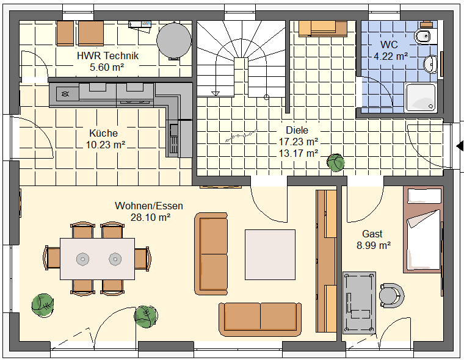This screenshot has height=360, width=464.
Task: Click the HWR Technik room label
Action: [x=107, y=56]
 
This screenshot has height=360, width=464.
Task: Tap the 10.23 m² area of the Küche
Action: [x=106, y=145]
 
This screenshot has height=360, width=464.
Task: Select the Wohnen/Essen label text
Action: [x=149, y=206]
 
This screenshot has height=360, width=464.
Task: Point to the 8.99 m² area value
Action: [x=374, y=245]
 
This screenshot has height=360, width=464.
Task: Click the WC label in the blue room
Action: [x=389, y=45]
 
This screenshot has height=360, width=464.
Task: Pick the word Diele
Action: [x=297, y=130]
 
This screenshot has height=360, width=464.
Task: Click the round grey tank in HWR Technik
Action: [x=174, y=41]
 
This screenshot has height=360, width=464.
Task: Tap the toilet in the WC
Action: [x=425, y=36]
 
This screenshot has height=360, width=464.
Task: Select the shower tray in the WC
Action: [x=421, y=98]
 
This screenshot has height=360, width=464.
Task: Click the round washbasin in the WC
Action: [x=430, y=64]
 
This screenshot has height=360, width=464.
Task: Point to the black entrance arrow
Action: [x=460, y=146]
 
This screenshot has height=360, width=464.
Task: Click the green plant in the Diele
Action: [x=336, y=163]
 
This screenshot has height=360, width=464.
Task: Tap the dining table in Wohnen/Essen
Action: [x=97, y=259]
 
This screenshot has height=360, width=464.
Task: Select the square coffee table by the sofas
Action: [x=270, y=254]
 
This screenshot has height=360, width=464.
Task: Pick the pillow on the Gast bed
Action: [x=424, y=196]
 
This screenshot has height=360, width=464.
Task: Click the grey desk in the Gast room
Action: [x=359, y=303]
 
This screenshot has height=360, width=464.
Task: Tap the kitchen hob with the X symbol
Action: [x=65, y=95]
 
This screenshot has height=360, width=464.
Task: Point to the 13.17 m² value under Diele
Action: [x=299, y=154]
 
